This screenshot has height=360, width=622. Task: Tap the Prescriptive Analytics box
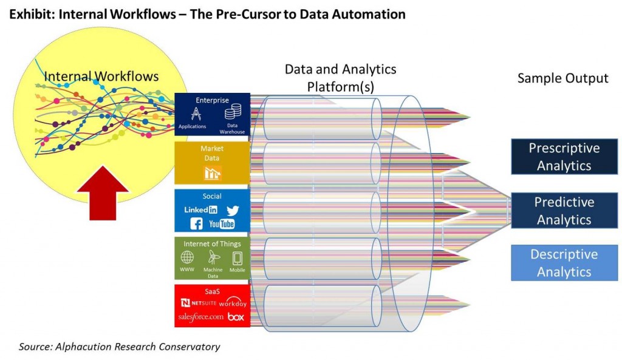click(x=564, y=157)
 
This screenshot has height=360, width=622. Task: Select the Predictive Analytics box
click(x=564, y=211)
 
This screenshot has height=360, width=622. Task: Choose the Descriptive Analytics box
click(x=564, y=263)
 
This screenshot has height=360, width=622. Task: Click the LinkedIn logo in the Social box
click(x=200, y=209)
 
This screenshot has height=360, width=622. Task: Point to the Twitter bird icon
click(x=233, y=210)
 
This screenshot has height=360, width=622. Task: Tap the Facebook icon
click(x=196, y=224)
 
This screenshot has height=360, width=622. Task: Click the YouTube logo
click(x=221, y=224)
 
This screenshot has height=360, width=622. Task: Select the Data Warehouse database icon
click(x=233, y=112)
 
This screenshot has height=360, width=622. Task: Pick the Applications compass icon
click(x=196, y=113)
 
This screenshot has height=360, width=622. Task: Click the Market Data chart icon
click(x=213, y=172)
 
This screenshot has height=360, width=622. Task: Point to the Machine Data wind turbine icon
click(x=213, y=257)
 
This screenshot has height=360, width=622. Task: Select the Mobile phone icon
click(x=237, y=257)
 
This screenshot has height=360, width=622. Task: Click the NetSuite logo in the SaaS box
click(x=199, y=302)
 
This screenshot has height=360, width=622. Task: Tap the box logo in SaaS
click(x=236, y=317)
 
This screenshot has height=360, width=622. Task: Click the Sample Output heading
click(x=562, y=78)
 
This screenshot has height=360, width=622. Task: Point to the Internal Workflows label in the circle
click(x=101, y=76)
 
